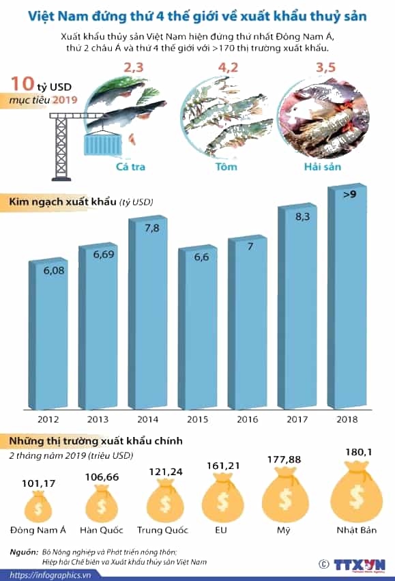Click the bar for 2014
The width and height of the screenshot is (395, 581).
point(147,313)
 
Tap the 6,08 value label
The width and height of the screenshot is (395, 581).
point(54,270)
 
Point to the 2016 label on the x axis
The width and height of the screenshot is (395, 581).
point(247,419)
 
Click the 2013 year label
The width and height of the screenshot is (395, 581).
point(98,419)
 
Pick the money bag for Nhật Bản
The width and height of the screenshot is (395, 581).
point(356,492)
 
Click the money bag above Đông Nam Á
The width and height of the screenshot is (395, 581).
point(38,506)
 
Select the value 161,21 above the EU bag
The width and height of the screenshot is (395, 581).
point(223,466)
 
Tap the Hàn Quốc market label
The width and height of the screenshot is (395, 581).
point(102,530)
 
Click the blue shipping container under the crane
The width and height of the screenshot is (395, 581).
point(103,144)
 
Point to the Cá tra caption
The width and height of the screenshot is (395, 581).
point(130,167)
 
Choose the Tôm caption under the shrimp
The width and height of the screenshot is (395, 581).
point(226,167)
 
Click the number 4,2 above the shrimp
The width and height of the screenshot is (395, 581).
point(228,68)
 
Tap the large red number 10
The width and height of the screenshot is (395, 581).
point(23,84)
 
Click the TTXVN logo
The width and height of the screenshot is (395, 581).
point(360,565)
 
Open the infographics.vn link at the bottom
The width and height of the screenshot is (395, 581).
point(50,576)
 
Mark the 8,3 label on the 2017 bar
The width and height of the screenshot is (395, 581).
point(302,216)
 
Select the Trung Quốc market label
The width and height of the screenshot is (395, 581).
point(162,530)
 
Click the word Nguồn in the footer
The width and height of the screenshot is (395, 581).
point(24,552)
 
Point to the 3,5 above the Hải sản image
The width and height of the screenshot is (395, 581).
point(326,68)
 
